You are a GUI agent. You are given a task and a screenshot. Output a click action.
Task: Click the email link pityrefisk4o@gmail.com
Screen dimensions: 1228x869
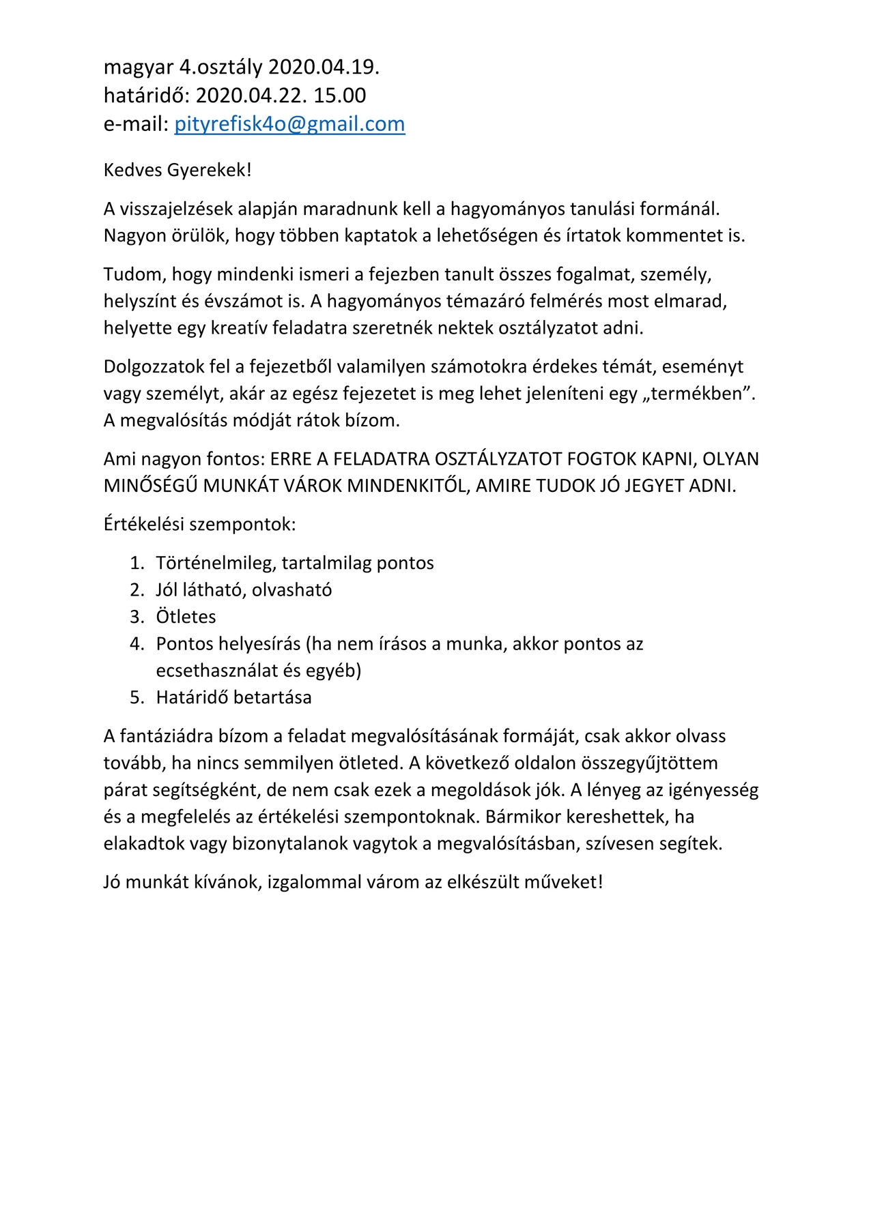pyautogui.click(x=289, y=123)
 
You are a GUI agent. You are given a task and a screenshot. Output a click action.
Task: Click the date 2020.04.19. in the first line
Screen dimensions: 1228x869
pyautogui.click(x=324, y=67)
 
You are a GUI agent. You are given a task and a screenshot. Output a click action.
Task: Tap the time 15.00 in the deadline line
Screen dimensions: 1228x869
pyautogui.click(x=339, y=95)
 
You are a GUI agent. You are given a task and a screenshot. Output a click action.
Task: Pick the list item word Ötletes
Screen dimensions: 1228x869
pyautogui.click(x=186, y=617)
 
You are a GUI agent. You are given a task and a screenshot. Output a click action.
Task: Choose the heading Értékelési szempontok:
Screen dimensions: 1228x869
pyautogui.click(x=199, y=525)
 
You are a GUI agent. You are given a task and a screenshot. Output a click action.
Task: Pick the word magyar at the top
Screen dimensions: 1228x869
pyautogui.click(x=139, y=68)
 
